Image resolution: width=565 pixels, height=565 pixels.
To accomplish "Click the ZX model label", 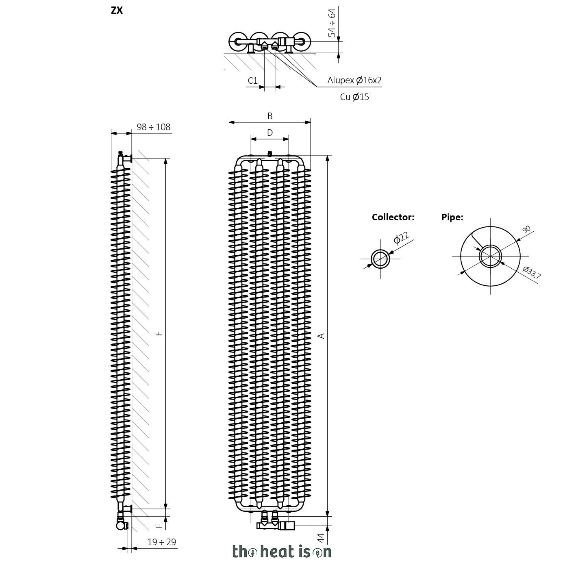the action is click(x=117, y=11).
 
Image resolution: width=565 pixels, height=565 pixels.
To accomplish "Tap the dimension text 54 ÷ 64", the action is click(x=332, y=23).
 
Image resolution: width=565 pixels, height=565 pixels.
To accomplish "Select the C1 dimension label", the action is click(x=252, y=80).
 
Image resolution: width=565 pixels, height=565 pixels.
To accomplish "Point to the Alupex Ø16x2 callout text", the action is click(x=354, y=80).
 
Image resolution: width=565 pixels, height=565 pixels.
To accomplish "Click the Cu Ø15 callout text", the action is click(x=354, y=97).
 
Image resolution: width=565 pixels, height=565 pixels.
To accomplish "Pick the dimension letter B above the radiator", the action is click(x=270, y=116).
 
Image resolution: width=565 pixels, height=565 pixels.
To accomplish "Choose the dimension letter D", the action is click(x=270, y=133).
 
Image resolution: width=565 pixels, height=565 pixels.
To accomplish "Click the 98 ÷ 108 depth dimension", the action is click(x=153, y=127).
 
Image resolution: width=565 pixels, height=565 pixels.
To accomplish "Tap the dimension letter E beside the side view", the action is click(x=159, y=333).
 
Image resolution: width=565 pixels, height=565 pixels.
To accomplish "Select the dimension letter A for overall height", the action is click(x=322, y=336).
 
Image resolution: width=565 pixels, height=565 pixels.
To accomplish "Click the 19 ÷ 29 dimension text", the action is click(x=161, y=541).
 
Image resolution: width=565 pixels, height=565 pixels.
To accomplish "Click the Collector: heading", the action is click(x=393, y=217).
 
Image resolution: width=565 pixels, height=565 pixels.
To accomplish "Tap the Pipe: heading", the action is click(x=452, y=217).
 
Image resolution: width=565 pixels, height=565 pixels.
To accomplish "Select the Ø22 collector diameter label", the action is click(x=401, y=238).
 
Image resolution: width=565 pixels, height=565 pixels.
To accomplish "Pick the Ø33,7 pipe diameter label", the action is click(x=532, y=272).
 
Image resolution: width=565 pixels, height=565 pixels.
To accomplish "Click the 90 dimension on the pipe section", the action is click(x=527, y=230).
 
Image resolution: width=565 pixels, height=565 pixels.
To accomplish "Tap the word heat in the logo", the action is click(x=277, y=552).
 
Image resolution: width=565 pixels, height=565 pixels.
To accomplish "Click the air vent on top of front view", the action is click(x=270, y=153).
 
